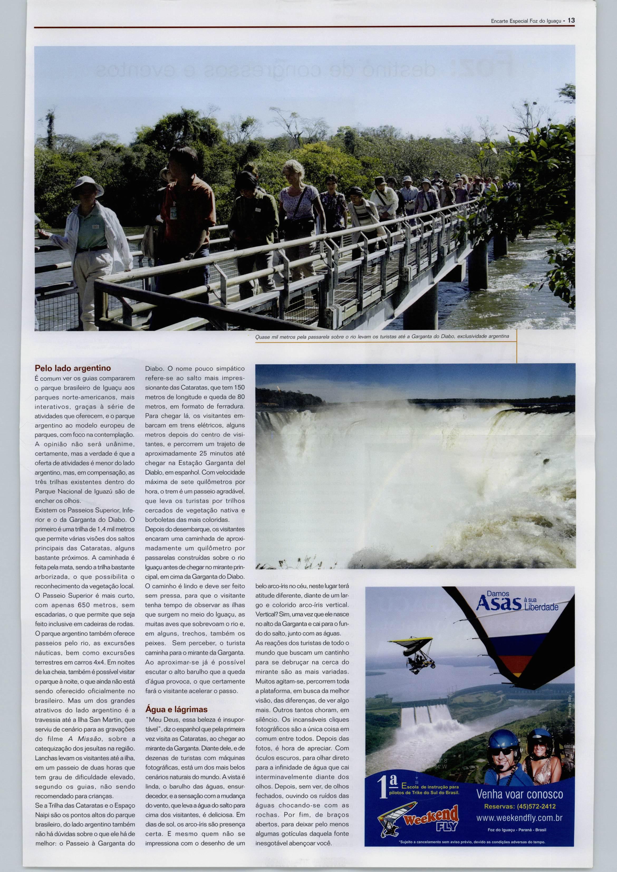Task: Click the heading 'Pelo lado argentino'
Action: (x=73, y=368)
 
